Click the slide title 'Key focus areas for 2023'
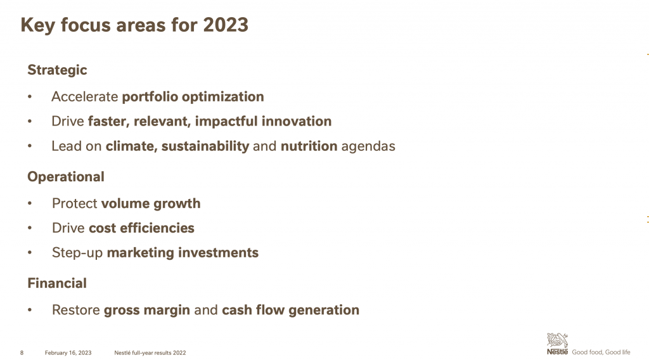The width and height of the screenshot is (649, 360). click(x=134, y=25)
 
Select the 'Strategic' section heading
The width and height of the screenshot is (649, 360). click(x=57, y=70)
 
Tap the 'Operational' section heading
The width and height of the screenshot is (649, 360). click(x=66, y=177)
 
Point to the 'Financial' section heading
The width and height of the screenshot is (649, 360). click(x=57, y=283)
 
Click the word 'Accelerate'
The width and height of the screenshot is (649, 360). click(x=85, y=97)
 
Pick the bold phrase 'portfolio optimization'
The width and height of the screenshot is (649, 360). click(x=193, y=97)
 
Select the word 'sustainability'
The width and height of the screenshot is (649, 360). click(x=205, y=146)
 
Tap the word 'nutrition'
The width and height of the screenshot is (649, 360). click(x=309, y=146)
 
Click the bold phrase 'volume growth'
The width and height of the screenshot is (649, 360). click(x=151, y=204)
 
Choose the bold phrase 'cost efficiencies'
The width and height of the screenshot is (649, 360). click(x=141, y=228)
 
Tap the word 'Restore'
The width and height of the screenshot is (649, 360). click(x=76, y=311)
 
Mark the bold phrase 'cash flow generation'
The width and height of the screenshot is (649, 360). click(x=290, y=311)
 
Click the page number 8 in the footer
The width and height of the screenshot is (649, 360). click(x=22, y=353)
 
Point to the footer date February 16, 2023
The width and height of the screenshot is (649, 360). click(x=68, y=353)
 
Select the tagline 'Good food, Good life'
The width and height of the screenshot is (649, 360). click(x=601, y=352)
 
